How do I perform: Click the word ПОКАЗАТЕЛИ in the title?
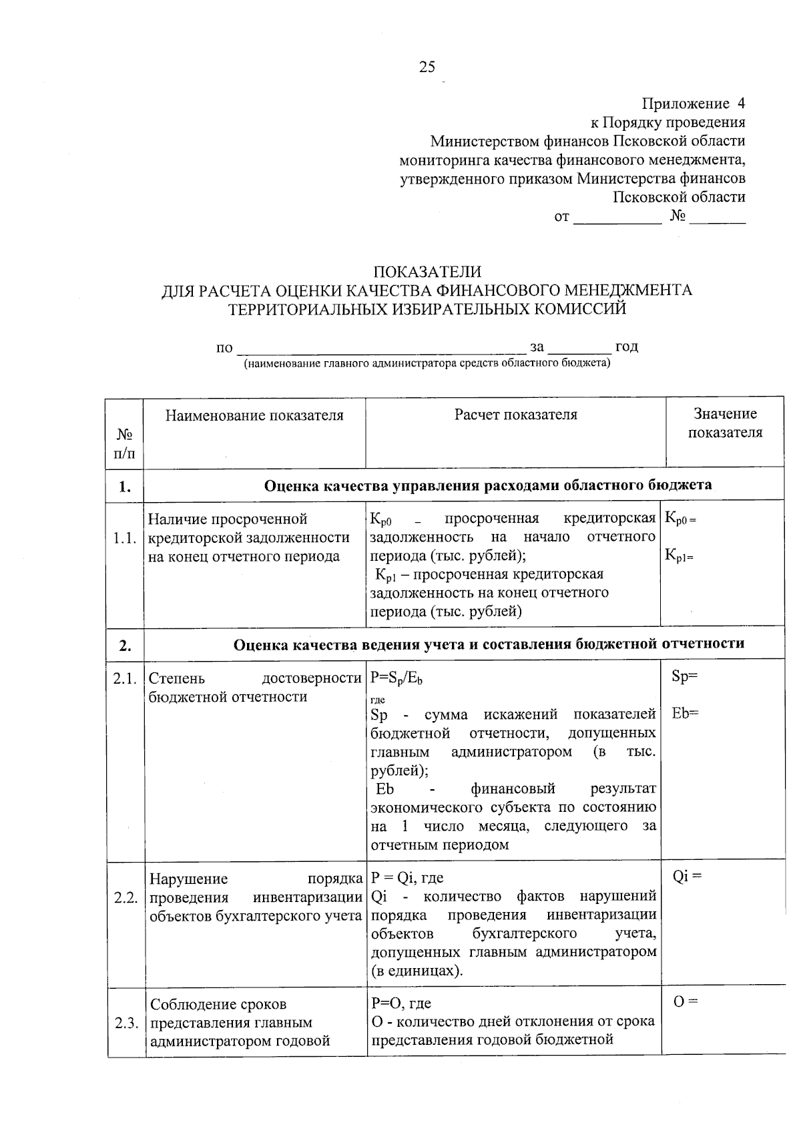point(427,272)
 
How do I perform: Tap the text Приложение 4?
point(693,103)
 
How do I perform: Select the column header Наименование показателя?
point(254,415)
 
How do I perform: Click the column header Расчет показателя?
point(515,415)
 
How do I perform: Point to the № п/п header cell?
point(125,444)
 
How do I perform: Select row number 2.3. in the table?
point(125,1023)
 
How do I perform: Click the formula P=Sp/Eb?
point(396,678)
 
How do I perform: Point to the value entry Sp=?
point(685,676)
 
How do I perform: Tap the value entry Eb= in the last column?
point(685,714)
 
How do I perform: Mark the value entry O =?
point(686,1002)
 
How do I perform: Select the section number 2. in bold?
point(125,645)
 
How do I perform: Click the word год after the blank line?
point(626,347)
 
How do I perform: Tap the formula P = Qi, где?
point(407,877)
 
